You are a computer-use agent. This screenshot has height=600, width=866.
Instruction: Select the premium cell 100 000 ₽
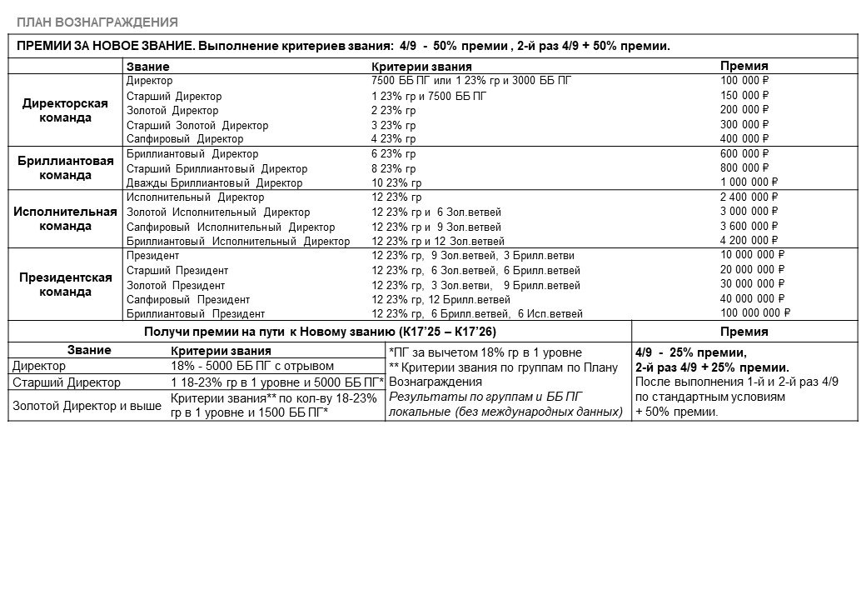tap(744, 81)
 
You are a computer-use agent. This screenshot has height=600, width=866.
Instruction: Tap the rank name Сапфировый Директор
tap(185, 139)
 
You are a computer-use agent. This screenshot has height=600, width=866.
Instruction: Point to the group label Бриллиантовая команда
tap(65, 168)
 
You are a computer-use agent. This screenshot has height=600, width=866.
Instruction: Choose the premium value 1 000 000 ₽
tap(749, 182)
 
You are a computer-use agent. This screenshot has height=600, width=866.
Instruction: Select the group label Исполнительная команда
tap(65, 218)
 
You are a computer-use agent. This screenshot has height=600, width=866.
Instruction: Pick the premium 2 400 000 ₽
tap(749, 197)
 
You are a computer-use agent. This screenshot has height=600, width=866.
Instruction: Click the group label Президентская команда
tap(66, 285)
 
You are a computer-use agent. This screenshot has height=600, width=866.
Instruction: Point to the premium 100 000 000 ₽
tap(754, 313)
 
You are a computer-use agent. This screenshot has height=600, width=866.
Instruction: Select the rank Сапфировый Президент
tap(188, 299)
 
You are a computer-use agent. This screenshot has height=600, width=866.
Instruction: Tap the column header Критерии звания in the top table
tap(421, 67)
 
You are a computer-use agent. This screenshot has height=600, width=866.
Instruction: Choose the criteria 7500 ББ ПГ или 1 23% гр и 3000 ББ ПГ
tap(471, 81)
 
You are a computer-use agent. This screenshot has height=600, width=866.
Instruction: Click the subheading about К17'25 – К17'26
tap(318, 332)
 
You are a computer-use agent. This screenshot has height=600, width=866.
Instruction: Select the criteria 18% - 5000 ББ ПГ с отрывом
tap(251, 366)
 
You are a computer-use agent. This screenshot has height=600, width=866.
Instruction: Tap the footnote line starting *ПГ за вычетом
tap(497, 352)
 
